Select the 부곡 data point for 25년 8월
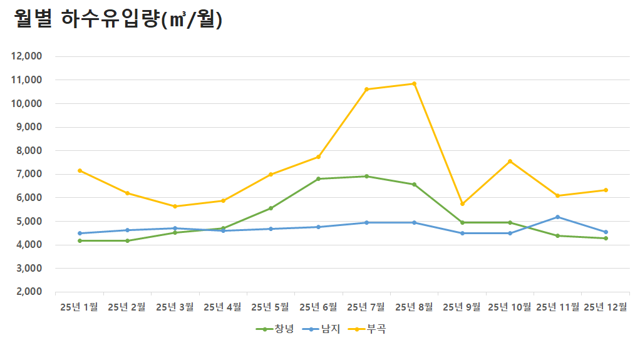pos(414,84)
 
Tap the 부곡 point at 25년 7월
pos(366,90)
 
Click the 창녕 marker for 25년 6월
pos(318,179)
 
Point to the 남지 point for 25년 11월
pos(558,217)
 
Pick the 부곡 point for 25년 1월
pos(80,170)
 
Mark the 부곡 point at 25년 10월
pos(510,162)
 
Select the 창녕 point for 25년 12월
pos(606,239)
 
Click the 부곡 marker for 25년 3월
pos(175,207)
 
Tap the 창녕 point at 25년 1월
pos(80,241)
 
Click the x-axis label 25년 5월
pos(271,307)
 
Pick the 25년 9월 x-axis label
pos(462,307)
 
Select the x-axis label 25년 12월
pos(605,307)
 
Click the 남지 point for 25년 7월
pos(366,222)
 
